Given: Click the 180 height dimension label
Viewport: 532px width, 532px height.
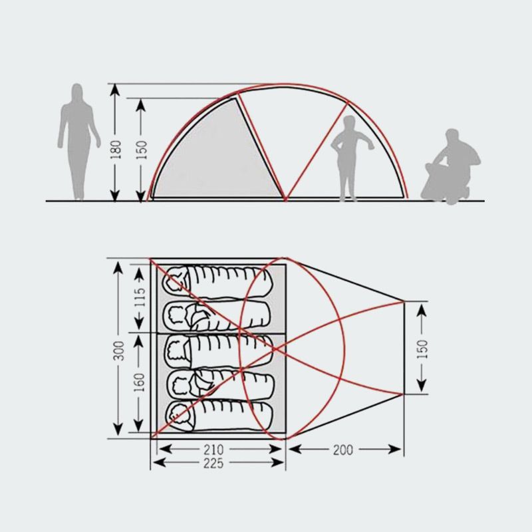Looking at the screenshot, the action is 115,150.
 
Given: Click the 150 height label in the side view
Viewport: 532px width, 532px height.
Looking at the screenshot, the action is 141,150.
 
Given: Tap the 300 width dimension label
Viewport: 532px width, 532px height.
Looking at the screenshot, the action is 118,350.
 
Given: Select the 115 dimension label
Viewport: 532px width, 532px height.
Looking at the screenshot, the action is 140,297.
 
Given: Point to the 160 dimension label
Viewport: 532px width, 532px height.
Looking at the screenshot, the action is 139,382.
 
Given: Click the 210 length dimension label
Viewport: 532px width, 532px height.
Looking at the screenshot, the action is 213,450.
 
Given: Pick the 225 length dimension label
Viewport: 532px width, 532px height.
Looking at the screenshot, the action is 213,463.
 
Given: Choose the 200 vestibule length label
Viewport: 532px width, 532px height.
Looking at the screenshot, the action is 343,450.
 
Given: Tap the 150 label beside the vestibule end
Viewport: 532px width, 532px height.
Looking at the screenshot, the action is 422,348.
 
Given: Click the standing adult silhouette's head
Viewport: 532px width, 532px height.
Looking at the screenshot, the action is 77,91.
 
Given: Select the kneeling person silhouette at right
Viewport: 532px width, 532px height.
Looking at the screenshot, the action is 451,166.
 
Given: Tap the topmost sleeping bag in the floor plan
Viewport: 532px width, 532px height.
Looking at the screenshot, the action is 217,283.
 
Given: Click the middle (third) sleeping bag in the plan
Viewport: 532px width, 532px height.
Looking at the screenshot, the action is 219,351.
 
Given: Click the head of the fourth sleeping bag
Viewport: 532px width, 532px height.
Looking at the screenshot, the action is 180,384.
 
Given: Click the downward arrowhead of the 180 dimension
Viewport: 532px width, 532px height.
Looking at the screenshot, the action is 115,196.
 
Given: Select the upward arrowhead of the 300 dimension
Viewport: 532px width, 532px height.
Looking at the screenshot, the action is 118,268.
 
